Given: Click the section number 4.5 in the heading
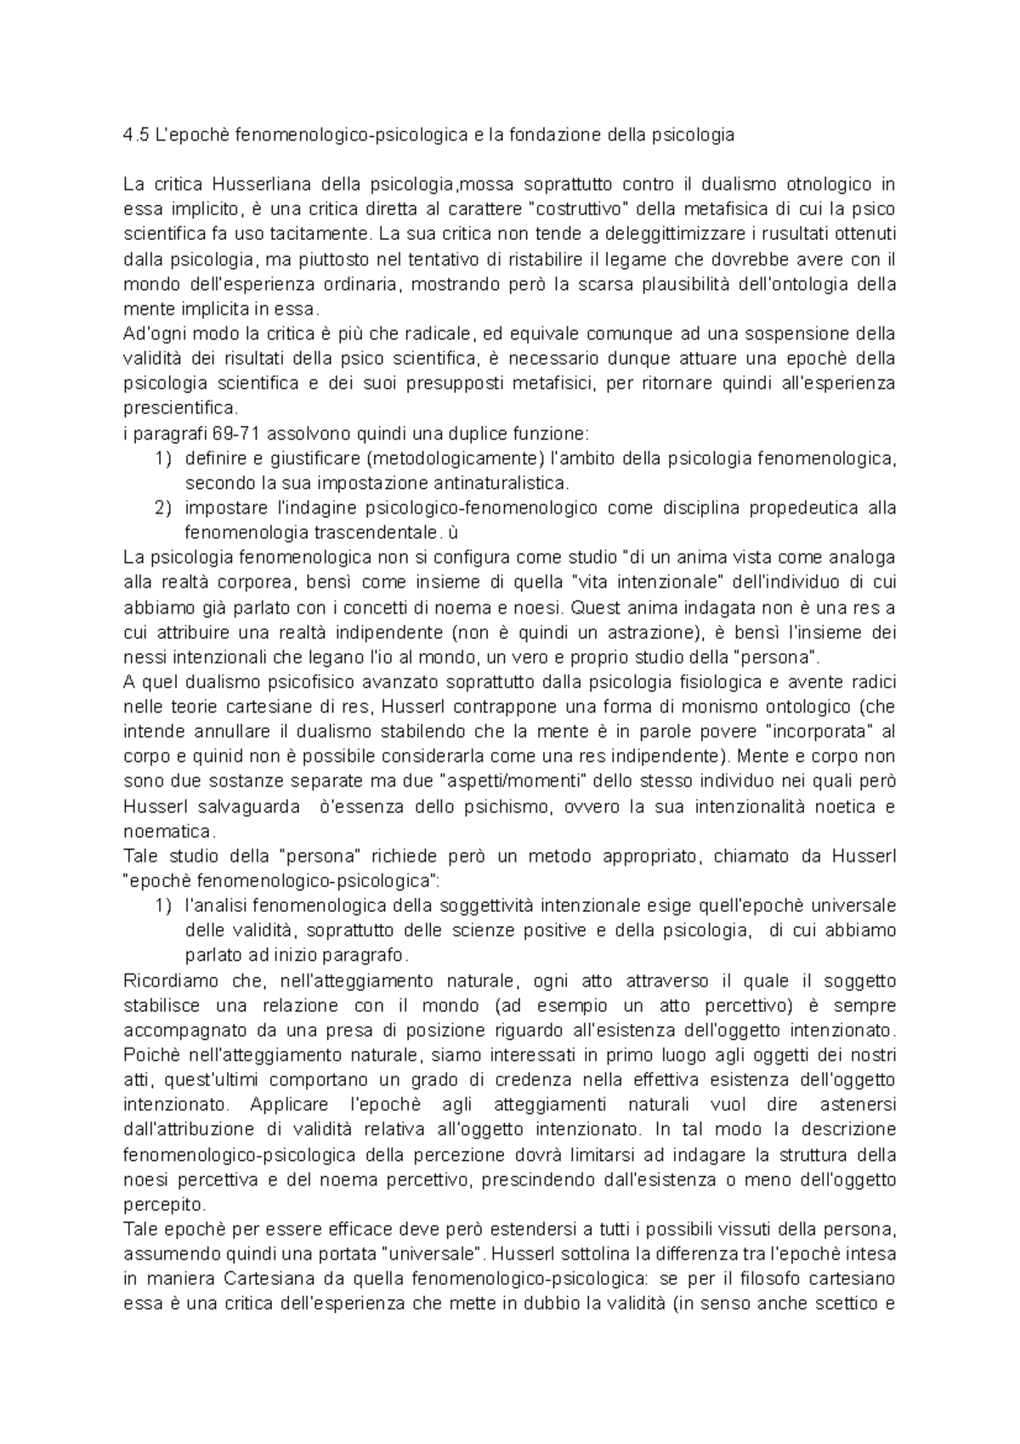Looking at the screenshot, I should pos(135,135).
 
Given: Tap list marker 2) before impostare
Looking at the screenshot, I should pos(163,509).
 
